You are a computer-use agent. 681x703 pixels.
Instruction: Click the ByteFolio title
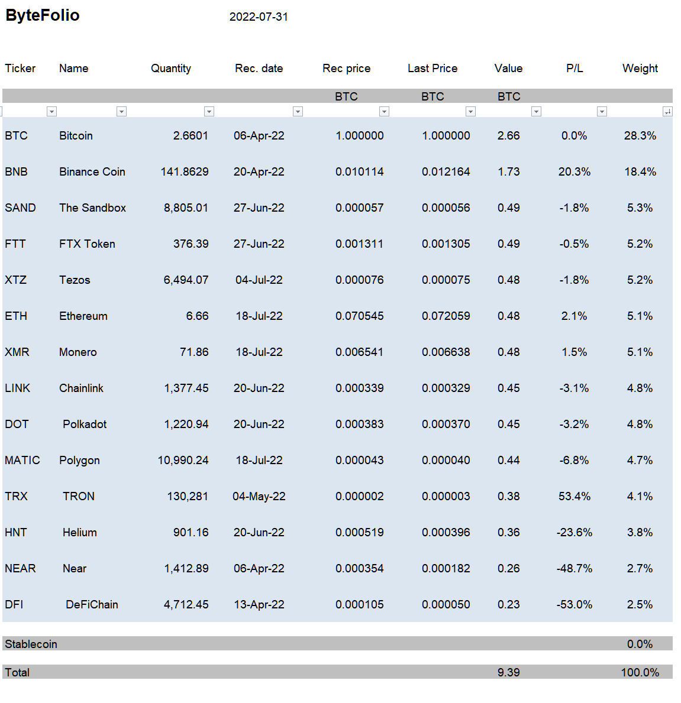tap(42, 15)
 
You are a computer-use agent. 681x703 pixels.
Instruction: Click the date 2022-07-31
tap(259, 17)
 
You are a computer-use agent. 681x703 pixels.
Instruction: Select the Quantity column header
tap(171, 68)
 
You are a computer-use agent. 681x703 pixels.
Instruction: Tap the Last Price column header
tap(433, 68)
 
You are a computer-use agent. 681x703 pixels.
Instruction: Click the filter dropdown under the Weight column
tap(667, 112)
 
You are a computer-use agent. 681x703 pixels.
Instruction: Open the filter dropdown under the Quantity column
tap(209, 112)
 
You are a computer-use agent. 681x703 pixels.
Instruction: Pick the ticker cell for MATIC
tap(22, 460)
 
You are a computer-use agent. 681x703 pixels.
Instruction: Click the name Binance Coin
tap(92, 171)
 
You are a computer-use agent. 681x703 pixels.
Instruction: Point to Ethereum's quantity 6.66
tap(198, 316)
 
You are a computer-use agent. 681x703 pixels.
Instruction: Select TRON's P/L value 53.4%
tap(575, 496)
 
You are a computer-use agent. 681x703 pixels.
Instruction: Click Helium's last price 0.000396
tap(446, 532)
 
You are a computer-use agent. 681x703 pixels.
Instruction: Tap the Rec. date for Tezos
tap(259, 280)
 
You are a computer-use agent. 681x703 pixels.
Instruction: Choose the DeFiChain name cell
tap(92, 604)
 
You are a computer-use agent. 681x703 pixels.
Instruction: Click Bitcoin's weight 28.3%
tap(640, 136)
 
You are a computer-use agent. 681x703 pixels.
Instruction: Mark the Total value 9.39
tap(509, 672)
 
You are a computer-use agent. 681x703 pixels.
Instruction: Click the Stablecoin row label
tap(31, 644)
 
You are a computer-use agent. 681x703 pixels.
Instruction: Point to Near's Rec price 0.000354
tap(359, 569)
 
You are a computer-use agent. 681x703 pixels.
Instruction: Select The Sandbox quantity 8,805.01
tap(186, 208)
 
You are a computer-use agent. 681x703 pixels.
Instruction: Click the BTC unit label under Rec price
tap(346, 96)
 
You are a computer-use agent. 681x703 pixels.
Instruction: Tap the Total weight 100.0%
tap(640, 672)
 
